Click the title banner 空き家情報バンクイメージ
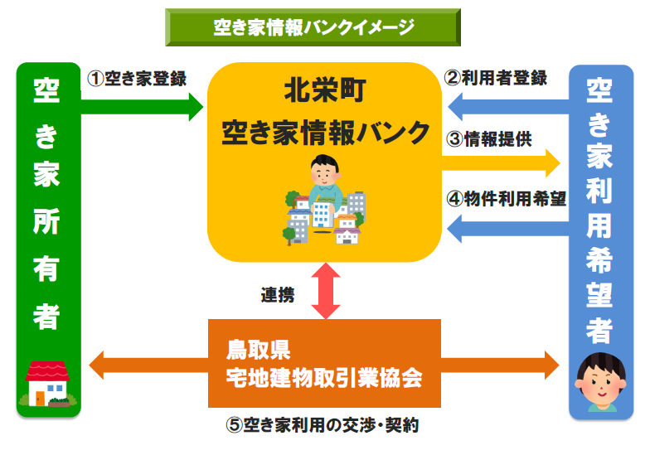tap(313, 27)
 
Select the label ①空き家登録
tap(137, 79)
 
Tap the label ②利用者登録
tap(496, 79)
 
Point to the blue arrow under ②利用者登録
tap(506, 106)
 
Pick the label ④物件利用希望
tap(506, 199)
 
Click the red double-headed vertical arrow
tap(325, 291)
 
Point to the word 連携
tap(277, 294)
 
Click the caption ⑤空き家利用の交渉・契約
tap(324, 426)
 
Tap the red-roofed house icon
tap(48, 383)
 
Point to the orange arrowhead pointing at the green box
tap(99, 365)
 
